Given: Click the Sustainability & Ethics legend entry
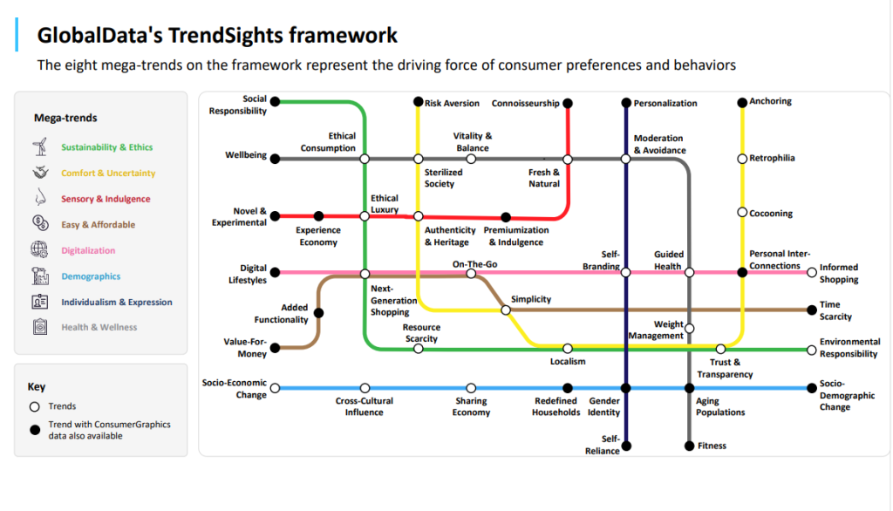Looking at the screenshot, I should tap(106, 147).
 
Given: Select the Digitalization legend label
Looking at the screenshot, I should tap(88, 250).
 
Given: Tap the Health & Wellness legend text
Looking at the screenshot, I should tap(99, 327).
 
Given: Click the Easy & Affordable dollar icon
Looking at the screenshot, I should tap(39, 223).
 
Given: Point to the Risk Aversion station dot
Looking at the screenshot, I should tap(418, 103).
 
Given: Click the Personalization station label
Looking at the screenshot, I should tap(665, 103).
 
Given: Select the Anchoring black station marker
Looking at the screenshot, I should tap(742, 102).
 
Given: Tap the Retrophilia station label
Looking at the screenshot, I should tap(772, 158).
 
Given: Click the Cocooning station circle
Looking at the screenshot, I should tap(742, 213).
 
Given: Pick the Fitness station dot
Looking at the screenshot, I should tap(689, 446).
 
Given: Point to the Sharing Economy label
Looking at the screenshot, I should tap(471, 406).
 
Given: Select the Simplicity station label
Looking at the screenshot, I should tap(531, 299).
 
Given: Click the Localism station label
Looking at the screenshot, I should tap(568, 361).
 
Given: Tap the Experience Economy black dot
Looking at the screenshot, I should tap(318, 216).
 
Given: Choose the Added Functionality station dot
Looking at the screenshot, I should tap(318, 313).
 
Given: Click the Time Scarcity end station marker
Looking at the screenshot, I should tap(812, 310).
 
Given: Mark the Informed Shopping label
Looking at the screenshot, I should tap(839, 274).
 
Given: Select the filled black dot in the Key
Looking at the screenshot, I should tap(35, 428).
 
